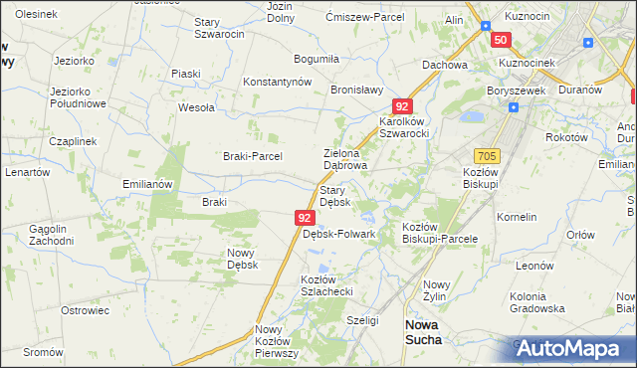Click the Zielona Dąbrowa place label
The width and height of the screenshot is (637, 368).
click(x=346, y=159)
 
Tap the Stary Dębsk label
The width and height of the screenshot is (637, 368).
click(x=333, y=195)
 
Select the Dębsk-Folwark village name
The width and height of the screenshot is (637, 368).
click(x=338, y=235)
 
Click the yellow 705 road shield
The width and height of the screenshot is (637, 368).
click(x=487, y=157)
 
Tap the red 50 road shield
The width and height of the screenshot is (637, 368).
click(x=500, y=40)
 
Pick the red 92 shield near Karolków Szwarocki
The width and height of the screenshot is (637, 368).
click(x=401, y=105)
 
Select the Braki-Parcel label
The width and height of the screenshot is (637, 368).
click(x=252, y=156)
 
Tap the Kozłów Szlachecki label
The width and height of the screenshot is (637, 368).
click(x=327, y=286)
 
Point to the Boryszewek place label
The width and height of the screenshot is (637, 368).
click(x=514, y=89)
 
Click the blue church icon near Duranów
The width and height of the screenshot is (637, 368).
click(x=589, y=44)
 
